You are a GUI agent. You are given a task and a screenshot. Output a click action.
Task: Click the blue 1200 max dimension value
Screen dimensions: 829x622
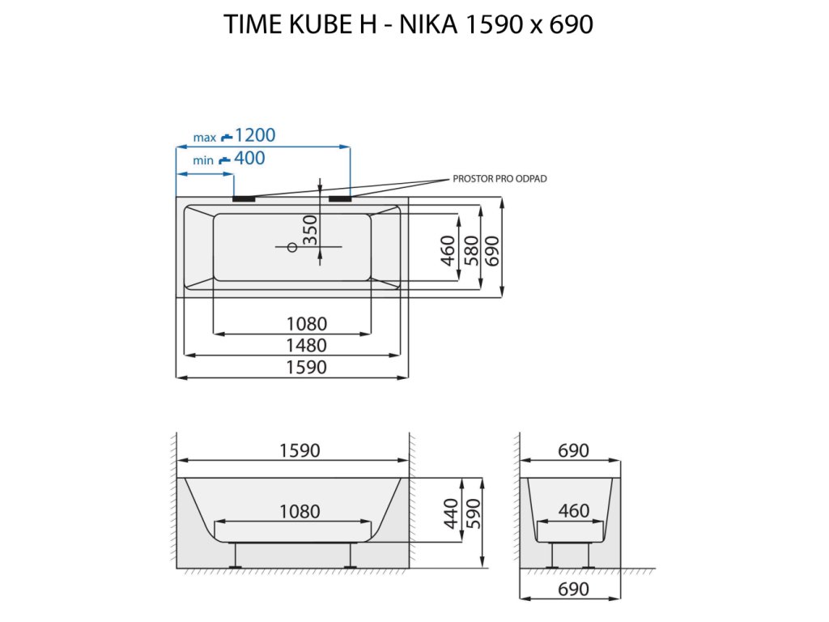tap(255, 135)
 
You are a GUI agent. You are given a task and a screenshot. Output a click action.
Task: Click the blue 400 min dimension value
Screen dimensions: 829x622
tap(249, 158)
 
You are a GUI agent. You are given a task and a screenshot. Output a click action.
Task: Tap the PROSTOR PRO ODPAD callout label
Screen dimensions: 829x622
tap(500, 179)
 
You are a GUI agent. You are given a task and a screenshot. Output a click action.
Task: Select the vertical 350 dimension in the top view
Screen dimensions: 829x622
tap(309, 231)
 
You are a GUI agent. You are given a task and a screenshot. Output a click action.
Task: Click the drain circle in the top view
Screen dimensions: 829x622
tap(292, 247)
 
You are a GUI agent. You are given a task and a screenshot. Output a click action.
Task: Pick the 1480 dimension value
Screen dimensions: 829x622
tap(306, 346)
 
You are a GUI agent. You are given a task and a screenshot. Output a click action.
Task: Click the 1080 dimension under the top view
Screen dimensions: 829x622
tap(306, 324)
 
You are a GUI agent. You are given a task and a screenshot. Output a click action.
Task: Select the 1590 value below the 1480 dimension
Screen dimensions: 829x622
tap(306, 368)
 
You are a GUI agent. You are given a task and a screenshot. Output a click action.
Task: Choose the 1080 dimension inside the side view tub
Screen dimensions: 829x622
tap(300, 512)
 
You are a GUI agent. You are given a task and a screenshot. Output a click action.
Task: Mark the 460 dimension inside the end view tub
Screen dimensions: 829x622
tap(573, 512)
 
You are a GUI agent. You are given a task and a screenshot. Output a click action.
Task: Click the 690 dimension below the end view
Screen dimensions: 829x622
tap(573, 589)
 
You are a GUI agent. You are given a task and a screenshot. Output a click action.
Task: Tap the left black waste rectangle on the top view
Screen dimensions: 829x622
tap(244, 197)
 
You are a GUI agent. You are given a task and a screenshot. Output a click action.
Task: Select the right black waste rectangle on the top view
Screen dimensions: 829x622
tap(340, 197)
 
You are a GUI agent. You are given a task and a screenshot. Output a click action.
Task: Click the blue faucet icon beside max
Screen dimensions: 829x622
tap(227, 137)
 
